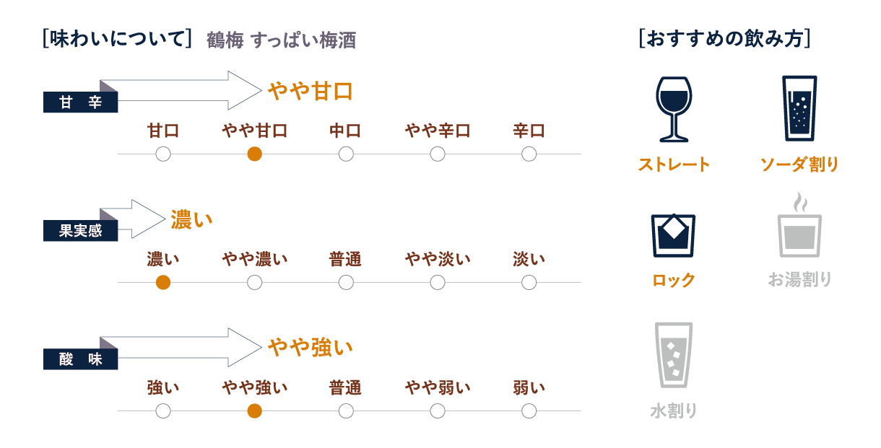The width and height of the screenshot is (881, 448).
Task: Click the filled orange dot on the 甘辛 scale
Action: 254,154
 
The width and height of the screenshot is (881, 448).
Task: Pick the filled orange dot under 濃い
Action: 163,283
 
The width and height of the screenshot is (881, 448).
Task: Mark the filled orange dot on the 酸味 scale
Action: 254,411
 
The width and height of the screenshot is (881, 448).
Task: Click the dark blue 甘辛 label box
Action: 81,102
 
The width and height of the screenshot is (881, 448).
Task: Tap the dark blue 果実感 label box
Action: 81,231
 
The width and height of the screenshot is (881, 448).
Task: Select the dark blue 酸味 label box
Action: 81,359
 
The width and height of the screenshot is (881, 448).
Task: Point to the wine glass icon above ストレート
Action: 674,109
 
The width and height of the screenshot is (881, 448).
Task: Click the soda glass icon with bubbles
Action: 799,108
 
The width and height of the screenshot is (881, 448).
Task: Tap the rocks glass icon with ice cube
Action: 673,236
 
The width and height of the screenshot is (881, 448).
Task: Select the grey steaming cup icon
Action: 799,225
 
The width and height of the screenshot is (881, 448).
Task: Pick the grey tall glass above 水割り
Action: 674,355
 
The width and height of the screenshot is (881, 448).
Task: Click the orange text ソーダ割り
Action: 799,164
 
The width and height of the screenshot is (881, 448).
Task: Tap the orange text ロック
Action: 674,280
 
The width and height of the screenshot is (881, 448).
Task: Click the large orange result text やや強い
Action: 311,348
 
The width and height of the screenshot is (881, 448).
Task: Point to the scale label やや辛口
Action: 438,131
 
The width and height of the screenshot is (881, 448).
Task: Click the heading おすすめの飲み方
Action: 724,38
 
